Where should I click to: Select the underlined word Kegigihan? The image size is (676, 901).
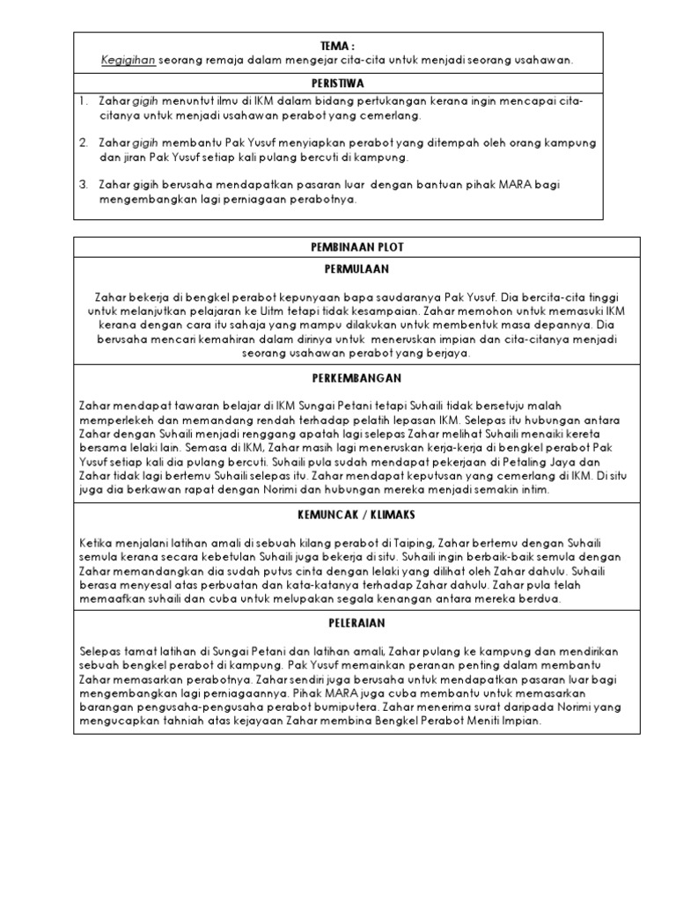tap(129, 59)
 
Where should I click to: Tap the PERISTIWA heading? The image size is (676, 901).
tap(338, 82)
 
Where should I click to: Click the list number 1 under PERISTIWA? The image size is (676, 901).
tap(84, 101)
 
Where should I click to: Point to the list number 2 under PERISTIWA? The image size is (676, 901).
tap(84, 142)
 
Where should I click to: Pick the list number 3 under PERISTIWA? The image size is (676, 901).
tap(84, 185)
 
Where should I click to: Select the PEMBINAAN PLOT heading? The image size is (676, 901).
tap(338, 247)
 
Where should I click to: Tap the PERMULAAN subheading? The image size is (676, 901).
tap(338, 268)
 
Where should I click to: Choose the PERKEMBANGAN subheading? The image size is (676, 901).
tap(338, 377)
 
